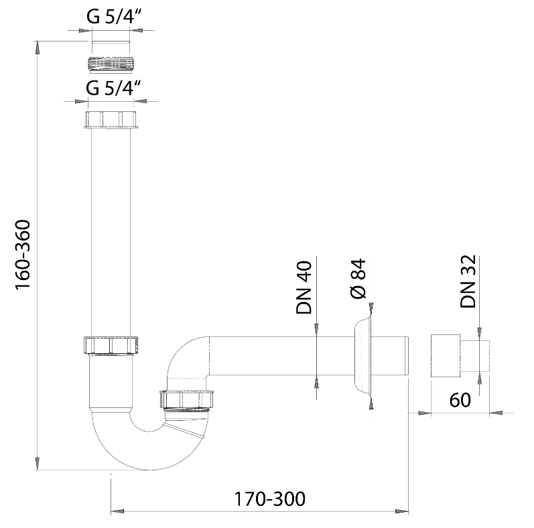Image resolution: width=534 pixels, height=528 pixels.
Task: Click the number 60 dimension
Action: [460, 400]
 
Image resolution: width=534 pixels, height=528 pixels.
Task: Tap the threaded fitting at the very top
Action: [111, 64]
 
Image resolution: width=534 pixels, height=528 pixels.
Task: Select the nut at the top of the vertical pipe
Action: [111, 120]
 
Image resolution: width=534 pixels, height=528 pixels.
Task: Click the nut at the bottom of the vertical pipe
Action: [111, 346]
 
